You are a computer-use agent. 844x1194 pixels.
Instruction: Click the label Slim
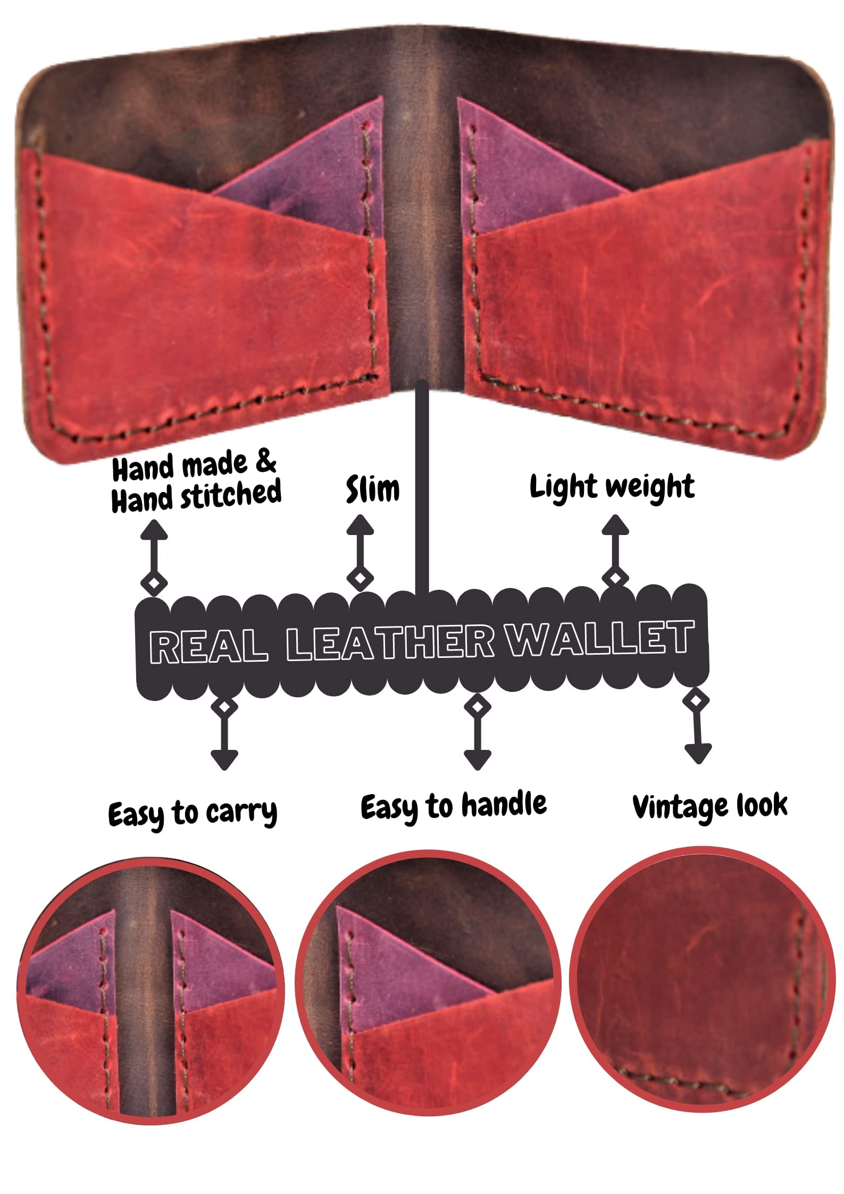[372, 489]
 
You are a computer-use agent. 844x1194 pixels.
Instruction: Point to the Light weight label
[612, 487]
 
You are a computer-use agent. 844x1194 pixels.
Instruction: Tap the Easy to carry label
[193, 814]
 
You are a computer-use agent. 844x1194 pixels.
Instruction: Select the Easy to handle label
[454, 806]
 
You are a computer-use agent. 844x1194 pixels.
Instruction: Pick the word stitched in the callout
[231, 494]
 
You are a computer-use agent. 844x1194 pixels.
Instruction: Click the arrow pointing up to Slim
[360, 552]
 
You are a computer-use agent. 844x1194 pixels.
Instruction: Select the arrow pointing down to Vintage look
[697, 727]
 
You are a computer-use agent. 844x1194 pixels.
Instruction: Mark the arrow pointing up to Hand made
[154, 557]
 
